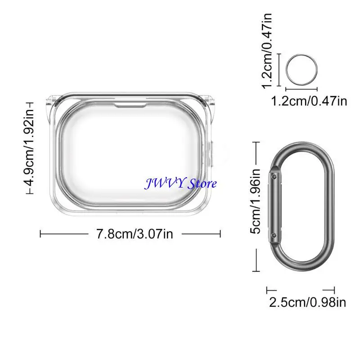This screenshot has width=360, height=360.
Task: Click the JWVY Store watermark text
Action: pos(180,184)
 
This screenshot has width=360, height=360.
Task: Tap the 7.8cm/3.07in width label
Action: pos(135,234)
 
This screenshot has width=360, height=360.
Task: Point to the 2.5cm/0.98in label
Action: pos(307,302)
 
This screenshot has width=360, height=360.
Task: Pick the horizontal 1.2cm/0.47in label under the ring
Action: pos(309,101)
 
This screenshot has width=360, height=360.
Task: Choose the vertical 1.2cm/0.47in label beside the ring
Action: pos(268,50)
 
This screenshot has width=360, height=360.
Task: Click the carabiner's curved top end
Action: pos(301,148)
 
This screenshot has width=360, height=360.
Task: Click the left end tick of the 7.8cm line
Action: pos(41,234)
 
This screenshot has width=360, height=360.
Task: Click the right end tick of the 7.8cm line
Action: pos(220,234)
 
